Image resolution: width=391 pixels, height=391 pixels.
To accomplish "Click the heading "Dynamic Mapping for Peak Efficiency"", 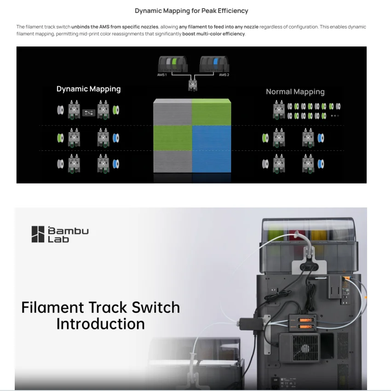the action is [191, 11].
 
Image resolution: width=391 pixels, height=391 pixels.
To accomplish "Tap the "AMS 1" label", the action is [162, 75].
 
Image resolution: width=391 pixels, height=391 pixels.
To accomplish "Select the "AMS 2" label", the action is [224, 75].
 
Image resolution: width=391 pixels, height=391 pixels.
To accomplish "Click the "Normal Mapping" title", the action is [295, 92].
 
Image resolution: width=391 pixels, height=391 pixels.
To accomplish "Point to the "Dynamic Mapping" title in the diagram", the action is [88, 89].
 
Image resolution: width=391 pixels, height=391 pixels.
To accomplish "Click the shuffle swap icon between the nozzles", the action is [89, 113].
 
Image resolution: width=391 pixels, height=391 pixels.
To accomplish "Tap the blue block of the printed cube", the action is [212, 149].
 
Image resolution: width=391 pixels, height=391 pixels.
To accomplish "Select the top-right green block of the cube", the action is [212, 112].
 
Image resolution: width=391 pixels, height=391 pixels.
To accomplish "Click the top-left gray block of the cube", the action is [172, 112].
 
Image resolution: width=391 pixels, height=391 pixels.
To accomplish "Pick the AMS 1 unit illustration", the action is [172, 64].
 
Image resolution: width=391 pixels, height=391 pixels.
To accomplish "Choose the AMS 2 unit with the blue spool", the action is [214, 64].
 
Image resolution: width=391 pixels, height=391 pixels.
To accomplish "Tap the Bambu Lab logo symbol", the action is [38, 234].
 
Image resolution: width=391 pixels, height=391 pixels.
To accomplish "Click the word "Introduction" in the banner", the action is [100, 324].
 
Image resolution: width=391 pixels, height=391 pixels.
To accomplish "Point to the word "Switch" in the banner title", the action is [155, 307].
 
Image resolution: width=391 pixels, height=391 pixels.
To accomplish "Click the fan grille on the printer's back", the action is [305, 348].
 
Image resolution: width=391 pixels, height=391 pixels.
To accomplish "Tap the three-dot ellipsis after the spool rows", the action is [335, 116].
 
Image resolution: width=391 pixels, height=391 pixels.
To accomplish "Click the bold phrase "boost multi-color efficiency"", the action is [213, 34].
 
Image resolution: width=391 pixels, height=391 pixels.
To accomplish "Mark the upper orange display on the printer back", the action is [305, 320].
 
